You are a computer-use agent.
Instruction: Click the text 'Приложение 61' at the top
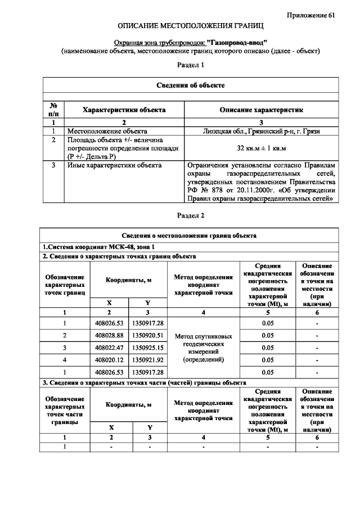pyautogui.click(x=315, y=15)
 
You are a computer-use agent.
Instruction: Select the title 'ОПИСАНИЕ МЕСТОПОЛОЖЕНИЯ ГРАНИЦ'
pyautogui.click(x=190, y=26)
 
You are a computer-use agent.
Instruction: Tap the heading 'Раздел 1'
pyautogui.click(x=190, y=65)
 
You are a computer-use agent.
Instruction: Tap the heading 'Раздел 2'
pyautogui.click(x=190, y=215)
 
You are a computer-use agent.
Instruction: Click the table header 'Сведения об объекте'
pyautogui.click(x=190, y=85)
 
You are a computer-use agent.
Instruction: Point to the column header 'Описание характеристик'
pyautogui.click(x=261, y=110)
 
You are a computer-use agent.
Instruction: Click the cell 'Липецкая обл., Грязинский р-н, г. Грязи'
pyautogui.click(x=261, y=130)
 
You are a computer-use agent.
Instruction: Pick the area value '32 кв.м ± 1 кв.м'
pyautogui.click(x=261, y=148)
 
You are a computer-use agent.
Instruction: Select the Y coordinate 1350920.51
pyautogui.click(x=147, y=335)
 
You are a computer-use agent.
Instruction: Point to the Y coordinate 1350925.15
pyautogui.click(x=147, y=347)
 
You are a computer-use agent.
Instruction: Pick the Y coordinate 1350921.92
pyautogui.click(x=147, y=359)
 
